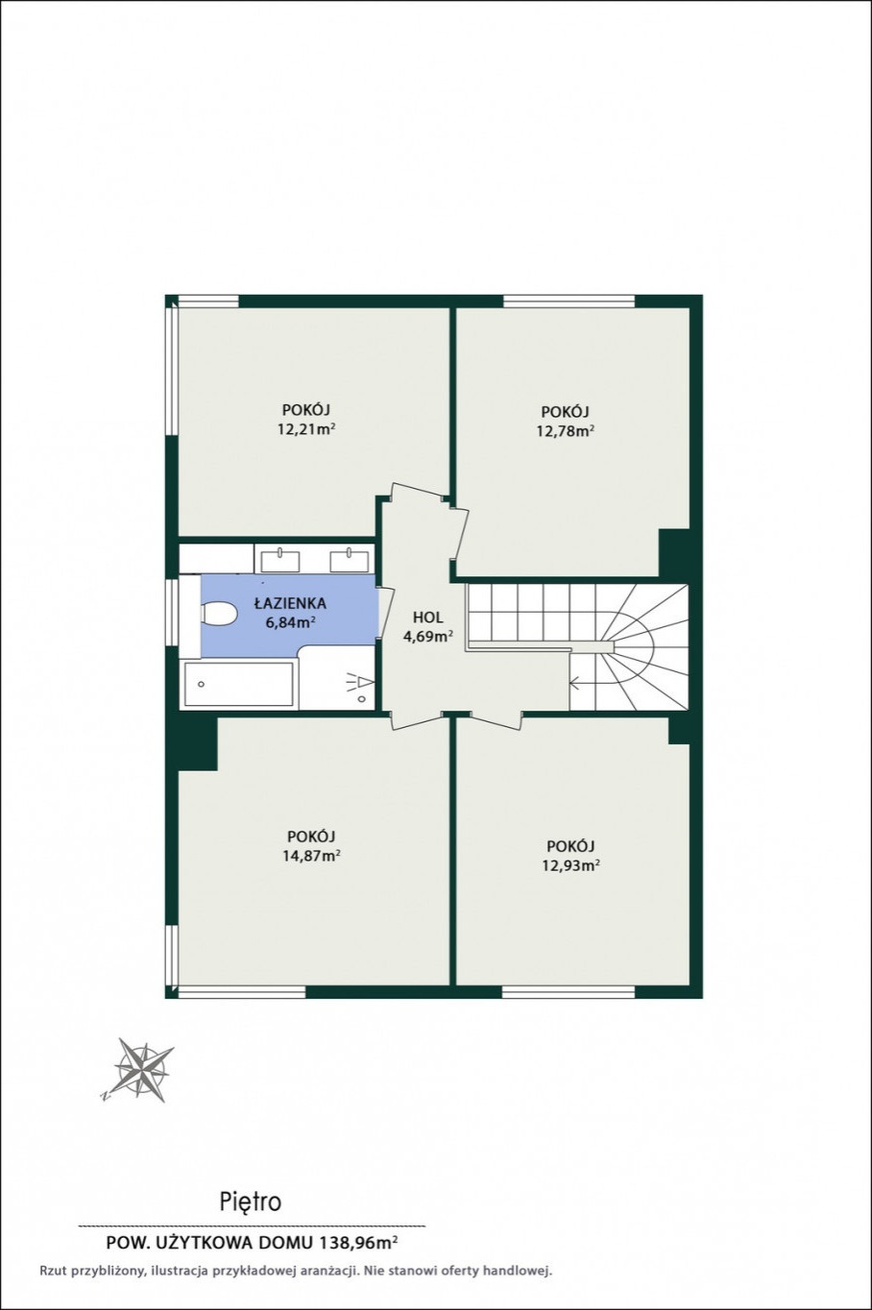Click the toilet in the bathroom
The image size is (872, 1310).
(218, 615)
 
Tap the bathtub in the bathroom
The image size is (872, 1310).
(238, 684)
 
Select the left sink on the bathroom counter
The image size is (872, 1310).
(280, 560)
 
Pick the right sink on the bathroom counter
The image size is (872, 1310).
(350, 560)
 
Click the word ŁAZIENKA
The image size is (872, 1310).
(289, 603)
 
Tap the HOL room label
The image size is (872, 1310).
(428, 617)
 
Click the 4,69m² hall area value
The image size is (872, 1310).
(428, 637)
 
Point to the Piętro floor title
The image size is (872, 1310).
(251, 1201)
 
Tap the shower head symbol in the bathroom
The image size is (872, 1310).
(361, 681)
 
